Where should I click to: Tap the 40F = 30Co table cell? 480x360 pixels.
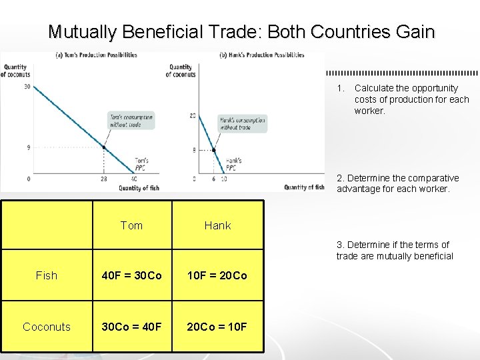coord(131,275)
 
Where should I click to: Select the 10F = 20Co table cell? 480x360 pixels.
coord(217,275)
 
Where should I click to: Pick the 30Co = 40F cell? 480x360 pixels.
coord(131,327)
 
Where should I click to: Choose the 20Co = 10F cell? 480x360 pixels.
coord(217,327)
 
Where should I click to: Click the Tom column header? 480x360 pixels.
coord(131,225)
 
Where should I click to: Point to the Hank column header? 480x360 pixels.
coord(217,225)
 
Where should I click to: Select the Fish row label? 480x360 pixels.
coord(47,275)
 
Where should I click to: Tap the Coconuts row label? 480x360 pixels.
coord(47,327)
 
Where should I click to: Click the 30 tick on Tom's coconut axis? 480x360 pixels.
coord(27,87)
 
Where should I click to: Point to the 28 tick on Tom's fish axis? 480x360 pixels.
coord(104,179)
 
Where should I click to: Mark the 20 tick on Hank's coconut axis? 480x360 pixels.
coord(193,116)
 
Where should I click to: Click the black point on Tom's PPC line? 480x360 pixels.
coord(104,147)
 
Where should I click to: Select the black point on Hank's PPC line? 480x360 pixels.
coord(213,150)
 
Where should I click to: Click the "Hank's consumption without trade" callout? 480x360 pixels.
coord(243,124)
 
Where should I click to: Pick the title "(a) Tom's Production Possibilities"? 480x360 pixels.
coord(96,55)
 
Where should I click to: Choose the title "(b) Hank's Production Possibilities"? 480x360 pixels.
coord(262,55)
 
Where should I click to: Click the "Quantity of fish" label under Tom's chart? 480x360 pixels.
coord(139,188)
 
